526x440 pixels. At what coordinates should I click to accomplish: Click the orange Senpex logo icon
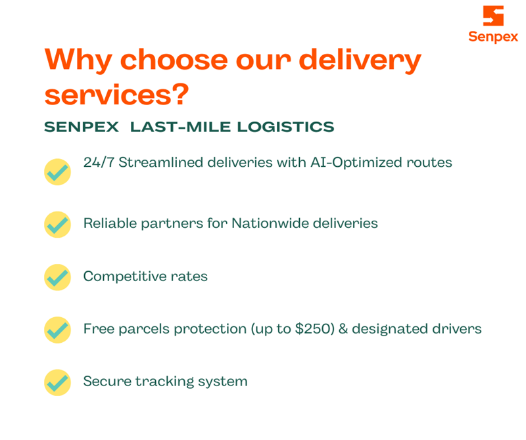[493, 15]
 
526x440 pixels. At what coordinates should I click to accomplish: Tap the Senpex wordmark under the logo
[493, 37]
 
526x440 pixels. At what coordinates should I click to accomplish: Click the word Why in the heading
[78, 60]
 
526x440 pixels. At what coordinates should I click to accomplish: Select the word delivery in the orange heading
[360, 60]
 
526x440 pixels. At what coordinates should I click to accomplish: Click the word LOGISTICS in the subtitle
[285, 127]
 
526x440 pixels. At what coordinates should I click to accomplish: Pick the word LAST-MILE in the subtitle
[180, 127]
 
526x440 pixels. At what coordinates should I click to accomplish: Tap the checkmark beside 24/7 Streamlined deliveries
[57, 172]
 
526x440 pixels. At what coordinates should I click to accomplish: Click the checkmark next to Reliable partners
[57, 225]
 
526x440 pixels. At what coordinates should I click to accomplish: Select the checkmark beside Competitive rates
[57, 277]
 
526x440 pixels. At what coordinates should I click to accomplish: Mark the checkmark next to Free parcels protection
[57, 330]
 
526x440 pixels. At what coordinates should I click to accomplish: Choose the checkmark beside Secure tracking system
[57, 382]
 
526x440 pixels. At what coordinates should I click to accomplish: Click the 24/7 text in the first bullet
[99, 162]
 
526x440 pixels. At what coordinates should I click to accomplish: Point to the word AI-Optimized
[356, 163]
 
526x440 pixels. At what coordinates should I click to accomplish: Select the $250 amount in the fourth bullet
[313, 329]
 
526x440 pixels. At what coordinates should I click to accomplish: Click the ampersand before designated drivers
[343, 329]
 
